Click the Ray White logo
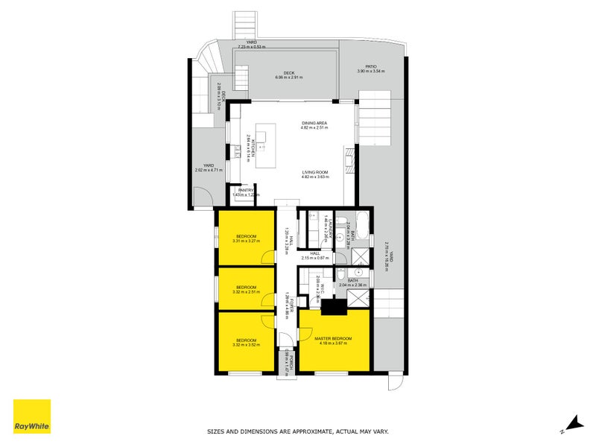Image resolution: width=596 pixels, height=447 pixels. tap(32, 416)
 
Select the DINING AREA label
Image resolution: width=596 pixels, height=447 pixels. tap(314, 123)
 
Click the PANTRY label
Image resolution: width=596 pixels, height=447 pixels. tap(246, 190)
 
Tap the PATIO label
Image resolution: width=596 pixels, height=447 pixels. tap(370, 66)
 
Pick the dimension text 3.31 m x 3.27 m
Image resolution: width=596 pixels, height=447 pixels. tap(246, 241)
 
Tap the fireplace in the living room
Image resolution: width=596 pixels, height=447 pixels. tap(348, 153)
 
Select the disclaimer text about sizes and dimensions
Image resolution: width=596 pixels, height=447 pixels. tap(297, 431)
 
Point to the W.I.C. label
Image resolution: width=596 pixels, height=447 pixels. tap(319, 285)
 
